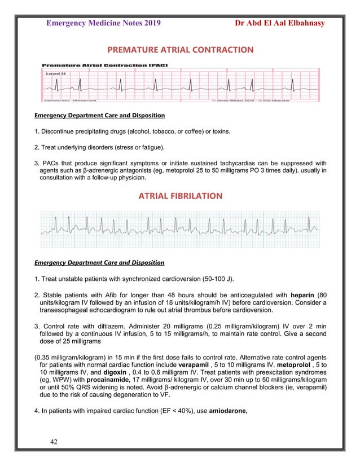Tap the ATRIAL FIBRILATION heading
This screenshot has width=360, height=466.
pos(181,196)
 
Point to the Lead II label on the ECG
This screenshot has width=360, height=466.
pos(54,73)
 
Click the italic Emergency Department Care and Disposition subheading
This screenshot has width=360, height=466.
pos(99,263)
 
